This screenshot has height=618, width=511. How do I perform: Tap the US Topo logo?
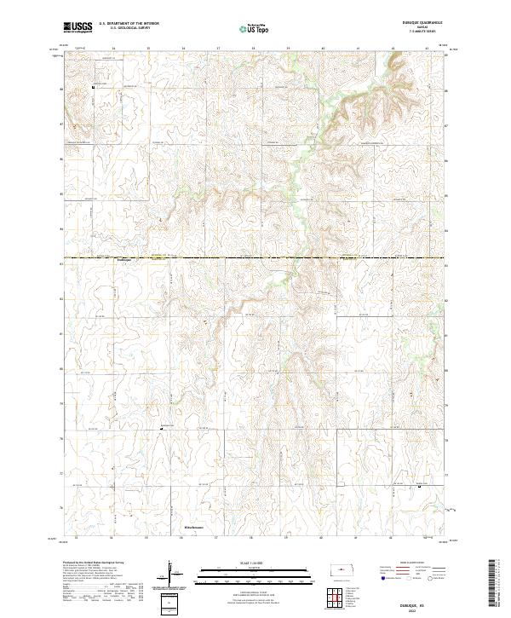[255, 26]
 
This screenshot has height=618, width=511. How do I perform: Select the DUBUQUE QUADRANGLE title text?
[417, 23]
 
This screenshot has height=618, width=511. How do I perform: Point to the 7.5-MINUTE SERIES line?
[417, 32]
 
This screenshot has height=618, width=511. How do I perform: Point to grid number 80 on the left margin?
[62, 369]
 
